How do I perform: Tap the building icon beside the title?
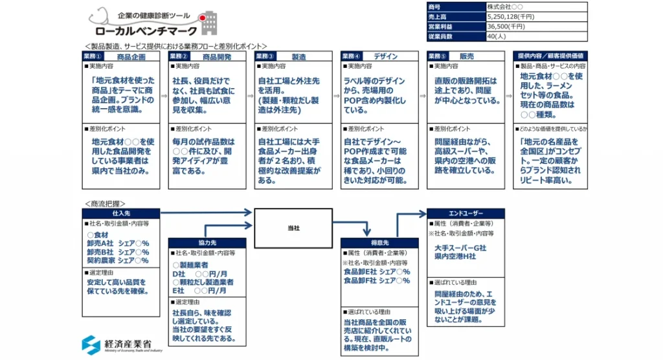(x=208, y=23)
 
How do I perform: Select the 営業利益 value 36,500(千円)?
(x=506, y=27)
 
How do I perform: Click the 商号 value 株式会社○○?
(x=504, y=6)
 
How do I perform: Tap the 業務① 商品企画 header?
(x=122, y=56)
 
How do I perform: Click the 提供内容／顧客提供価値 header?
(x=551, y=56)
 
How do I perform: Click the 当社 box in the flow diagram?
(x=293, y=228)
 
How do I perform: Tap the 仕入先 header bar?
(x=120, y=213)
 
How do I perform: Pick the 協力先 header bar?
(x=207, y=242)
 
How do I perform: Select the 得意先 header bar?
(x=378, y=242)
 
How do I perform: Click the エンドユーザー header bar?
(x=466, y=213)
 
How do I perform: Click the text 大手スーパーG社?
(x=460, y=248)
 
